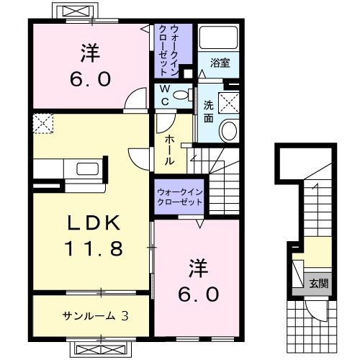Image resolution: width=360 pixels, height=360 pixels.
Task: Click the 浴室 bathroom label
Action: coord(220,63)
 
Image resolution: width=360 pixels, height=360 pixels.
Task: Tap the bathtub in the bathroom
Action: coord(219,37)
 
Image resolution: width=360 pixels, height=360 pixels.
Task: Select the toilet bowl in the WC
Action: coord(182,94)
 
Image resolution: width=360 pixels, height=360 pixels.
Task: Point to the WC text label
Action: coord(165,96)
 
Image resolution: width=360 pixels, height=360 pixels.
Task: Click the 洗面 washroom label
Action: coord(209,112)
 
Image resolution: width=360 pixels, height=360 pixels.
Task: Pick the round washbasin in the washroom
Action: coord(229,131)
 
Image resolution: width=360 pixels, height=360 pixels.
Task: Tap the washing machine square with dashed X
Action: coord(228,103)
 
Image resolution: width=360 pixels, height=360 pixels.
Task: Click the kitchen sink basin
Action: coord(88,168)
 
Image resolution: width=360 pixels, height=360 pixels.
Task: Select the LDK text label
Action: coord(94,223)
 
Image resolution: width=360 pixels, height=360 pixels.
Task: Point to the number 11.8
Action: coord(94,248)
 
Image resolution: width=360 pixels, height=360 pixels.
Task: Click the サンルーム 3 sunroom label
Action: coord(96,316)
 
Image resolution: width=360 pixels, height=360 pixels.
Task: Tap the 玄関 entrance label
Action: coord(318,284)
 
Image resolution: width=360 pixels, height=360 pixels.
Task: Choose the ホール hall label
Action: coord(170,150)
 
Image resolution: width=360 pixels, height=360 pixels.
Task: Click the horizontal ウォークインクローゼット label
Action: coord(180,197)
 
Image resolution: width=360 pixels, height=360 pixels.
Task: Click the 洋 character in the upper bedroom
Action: coord(90,53)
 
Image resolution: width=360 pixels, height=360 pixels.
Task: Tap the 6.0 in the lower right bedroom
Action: coord(199,294)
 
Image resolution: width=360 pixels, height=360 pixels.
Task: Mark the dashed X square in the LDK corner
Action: coord(43,123)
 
